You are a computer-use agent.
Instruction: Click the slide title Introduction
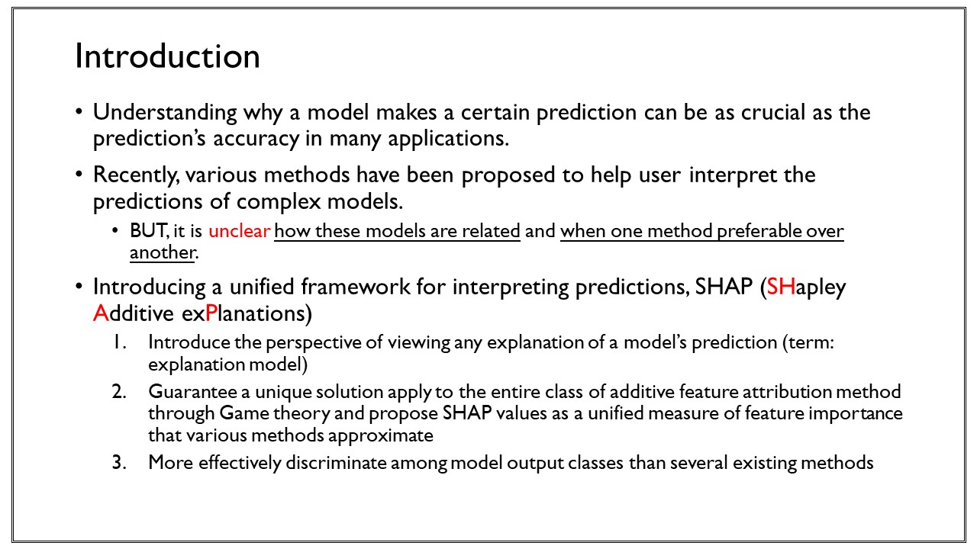[167, 56]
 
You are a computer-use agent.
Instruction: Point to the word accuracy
[256, 140]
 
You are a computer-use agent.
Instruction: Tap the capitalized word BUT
[148, 230]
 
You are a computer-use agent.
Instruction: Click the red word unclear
[239, 230]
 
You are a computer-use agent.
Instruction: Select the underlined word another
[162, 252]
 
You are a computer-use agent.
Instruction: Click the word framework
[356, 287]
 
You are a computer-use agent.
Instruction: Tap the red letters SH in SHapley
[781, 287]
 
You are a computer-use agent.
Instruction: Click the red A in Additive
[101, 313]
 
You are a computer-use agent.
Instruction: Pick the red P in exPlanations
[211, 313]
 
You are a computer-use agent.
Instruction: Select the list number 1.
[119, 342]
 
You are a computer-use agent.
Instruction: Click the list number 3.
[118, 462]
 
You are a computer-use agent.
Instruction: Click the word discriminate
[336, 462]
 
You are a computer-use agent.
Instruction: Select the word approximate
[381, 435]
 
